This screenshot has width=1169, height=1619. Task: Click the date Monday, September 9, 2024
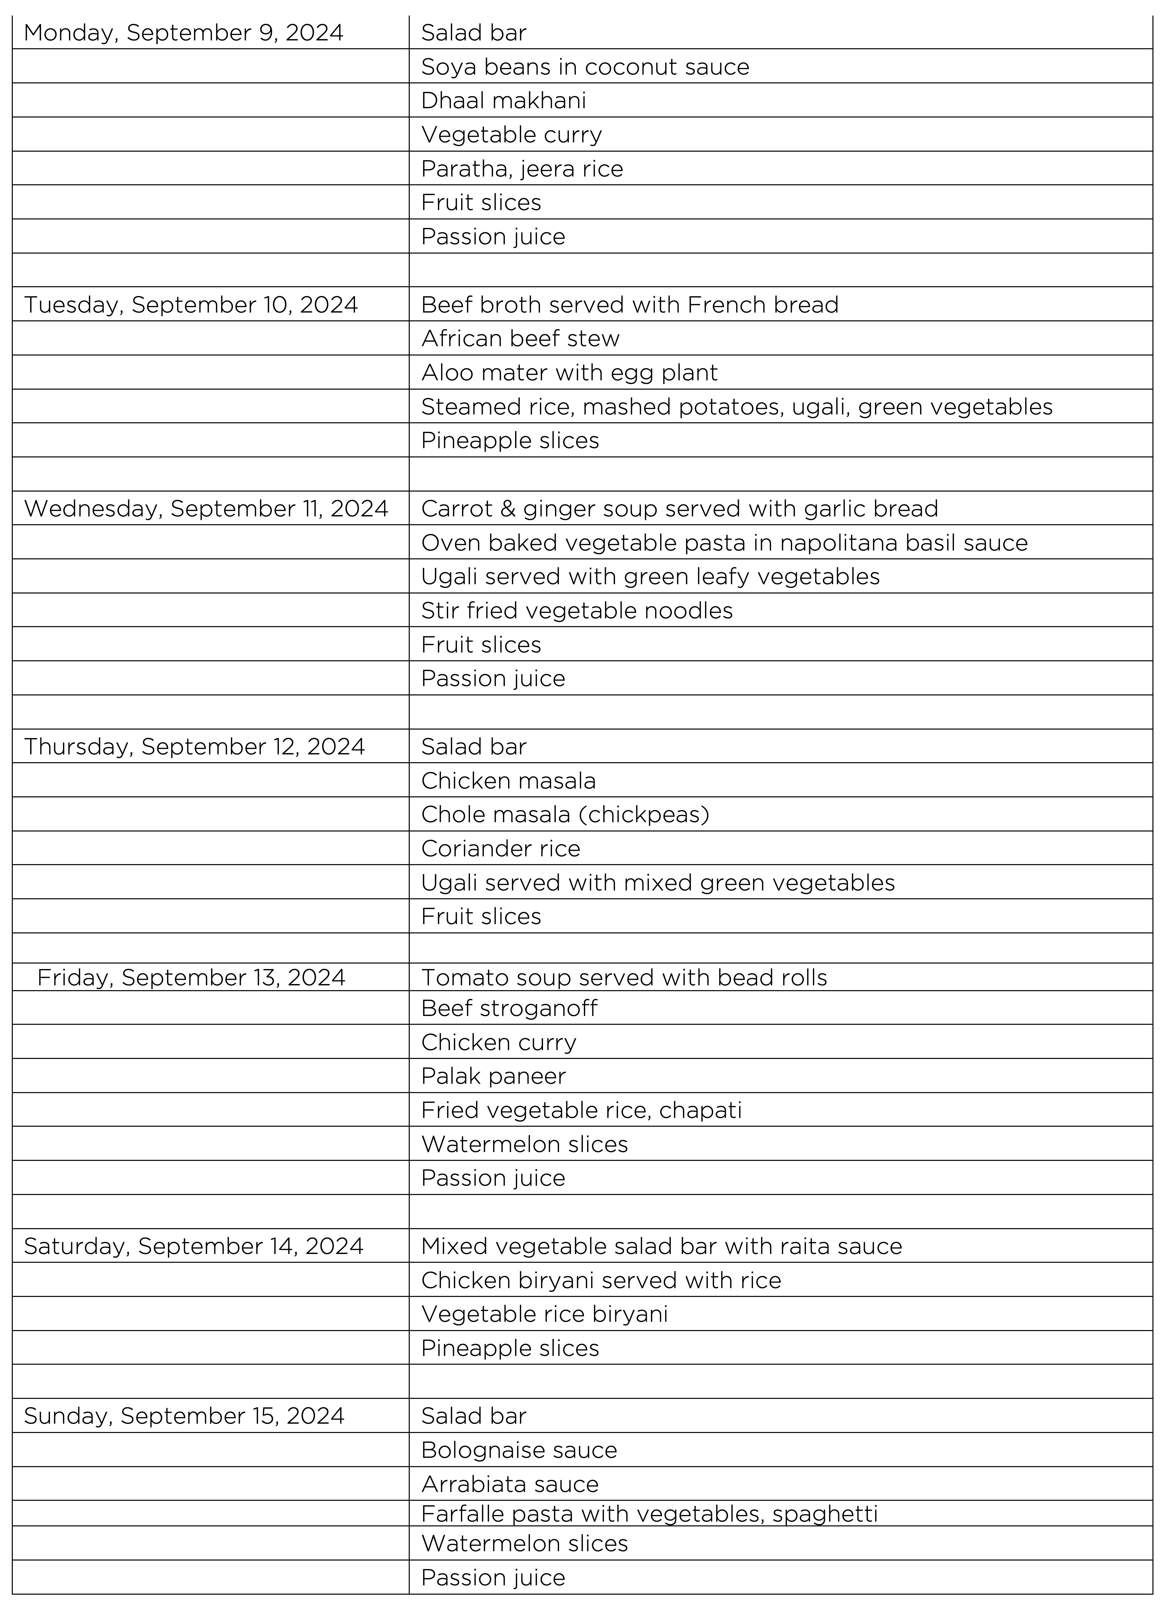click(183, 33)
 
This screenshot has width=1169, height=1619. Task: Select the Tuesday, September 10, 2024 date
click(190, 305)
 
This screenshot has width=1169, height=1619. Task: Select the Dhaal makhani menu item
click(503, 101)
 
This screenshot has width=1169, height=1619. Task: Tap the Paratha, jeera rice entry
click(522, 168)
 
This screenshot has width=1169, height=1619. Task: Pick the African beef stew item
click(520, 338)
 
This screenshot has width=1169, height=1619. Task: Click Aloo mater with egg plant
click(569, 373)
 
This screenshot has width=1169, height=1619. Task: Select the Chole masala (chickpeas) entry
click(565, 814)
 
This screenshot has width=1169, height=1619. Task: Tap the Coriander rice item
click(500, 849)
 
